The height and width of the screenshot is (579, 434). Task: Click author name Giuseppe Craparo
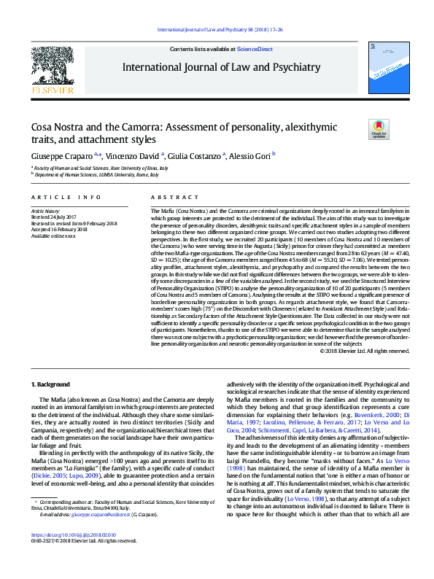tap(61, 155)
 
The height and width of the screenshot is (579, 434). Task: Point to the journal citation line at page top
tap(217, 30)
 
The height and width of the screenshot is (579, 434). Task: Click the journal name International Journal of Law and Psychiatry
tap(222, 68)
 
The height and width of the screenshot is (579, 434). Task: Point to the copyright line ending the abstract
tap(364, 350)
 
